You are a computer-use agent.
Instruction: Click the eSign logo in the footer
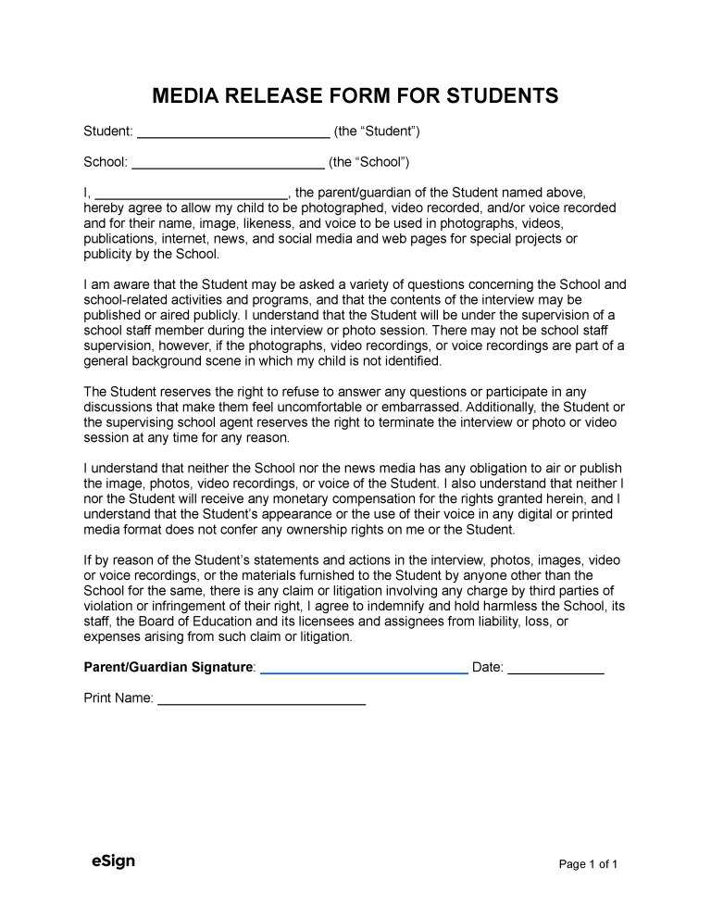tap(114, 861)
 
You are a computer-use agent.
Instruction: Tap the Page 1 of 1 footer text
tap(588, 864)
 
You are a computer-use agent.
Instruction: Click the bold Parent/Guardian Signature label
tap(168, 667)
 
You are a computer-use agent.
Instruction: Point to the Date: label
tap(488, 667)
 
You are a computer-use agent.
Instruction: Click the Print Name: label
tap(118, 698)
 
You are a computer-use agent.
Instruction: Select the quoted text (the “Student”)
tap(377, 132)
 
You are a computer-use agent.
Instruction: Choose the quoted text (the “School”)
tap(368, 161)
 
